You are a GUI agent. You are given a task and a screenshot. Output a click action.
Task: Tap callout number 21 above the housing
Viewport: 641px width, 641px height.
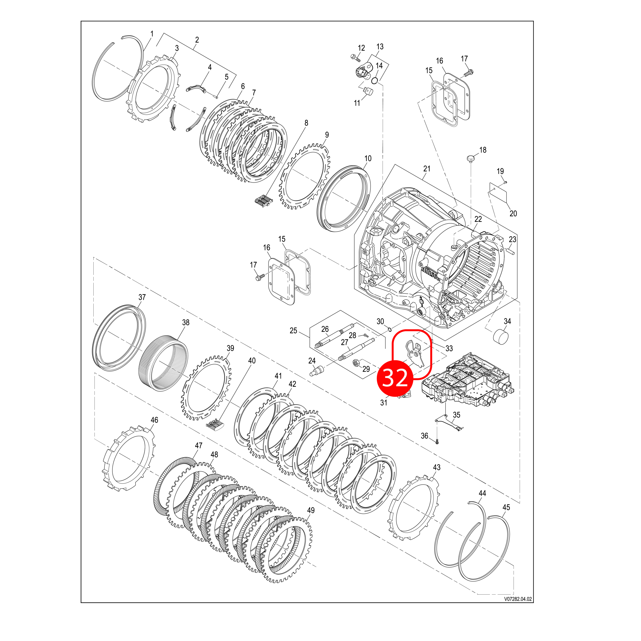click(427, 169)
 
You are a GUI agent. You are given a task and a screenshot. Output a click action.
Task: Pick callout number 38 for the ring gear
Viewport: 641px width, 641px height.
click(186, 322)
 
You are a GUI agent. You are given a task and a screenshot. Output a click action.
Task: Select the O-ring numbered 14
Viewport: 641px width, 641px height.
click(375, 81)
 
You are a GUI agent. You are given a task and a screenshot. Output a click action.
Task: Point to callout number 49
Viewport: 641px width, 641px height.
click(310, 510)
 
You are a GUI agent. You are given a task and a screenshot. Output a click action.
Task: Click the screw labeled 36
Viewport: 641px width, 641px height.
click(437, 441)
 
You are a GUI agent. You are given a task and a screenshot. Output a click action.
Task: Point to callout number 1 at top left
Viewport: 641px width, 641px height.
click(152, 34)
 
